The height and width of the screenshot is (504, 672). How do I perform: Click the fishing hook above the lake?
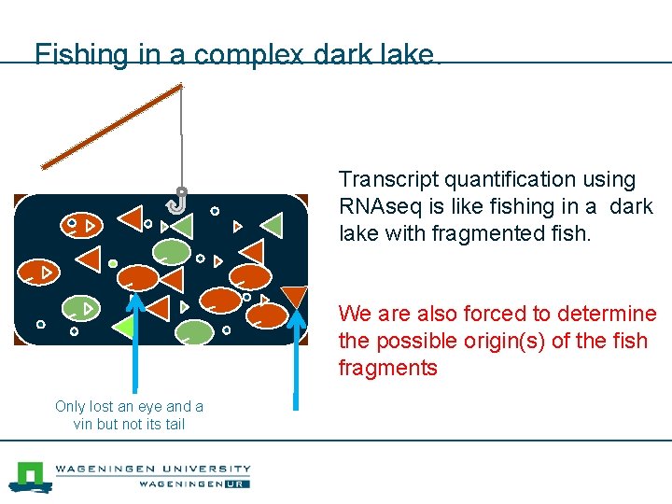click(x=179, y=200)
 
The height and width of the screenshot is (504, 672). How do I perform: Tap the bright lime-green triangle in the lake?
click(x=123, y=326)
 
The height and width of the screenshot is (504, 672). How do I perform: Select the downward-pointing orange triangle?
click(x=294, y=296)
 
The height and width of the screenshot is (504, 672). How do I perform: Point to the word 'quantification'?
click(x=509, y=179)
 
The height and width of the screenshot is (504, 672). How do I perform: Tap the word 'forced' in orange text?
click(x=490, y=314)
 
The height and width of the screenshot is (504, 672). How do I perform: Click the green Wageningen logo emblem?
click(x=30, y=476)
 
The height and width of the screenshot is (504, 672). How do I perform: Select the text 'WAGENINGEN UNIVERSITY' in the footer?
click(x=153, y=469)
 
